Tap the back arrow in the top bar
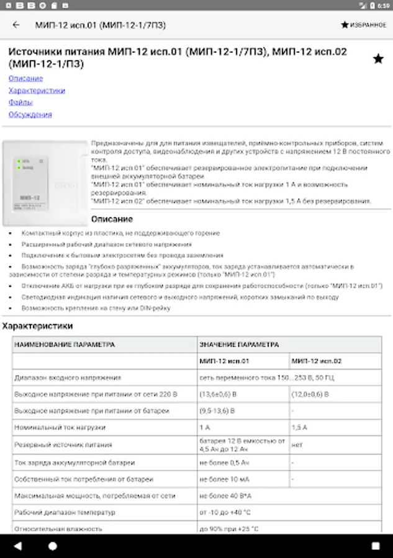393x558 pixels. coord(16,25)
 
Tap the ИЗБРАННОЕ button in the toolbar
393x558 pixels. coord(363,25)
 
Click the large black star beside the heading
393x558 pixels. coord(378,59)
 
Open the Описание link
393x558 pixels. coord(25,79)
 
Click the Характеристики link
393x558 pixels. coord(37,91)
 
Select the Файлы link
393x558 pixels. coord(20,102)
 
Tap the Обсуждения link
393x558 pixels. coord(30,115)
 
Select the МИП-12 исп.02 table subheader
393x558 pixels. coord(317,361)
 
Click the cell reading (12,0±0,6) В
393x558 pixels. coord(310,394)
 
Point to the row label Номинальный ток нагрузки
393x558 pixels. coord(60,428)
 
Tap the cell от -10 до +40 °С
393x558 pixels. coord(224,513)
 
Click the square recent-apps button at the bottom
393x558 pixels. coord(375,546)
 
